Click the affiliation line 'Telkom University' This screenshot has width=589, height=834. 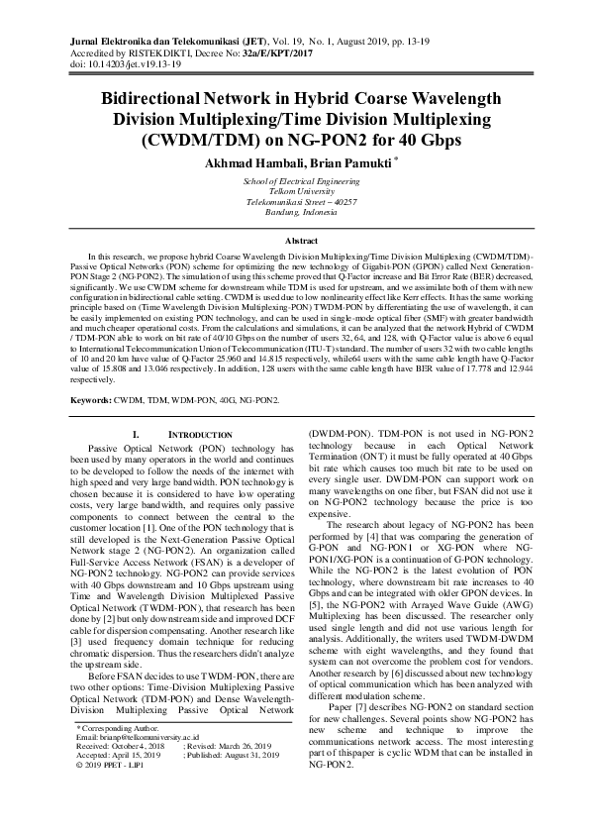tap(294, 190)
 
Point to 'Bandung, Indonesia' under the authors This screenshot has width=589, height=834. tap(294, 212)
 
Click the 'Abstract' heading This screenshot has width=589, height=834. tap(294, 241)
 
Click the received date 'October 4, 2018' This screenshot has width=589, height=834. tap(144, 776)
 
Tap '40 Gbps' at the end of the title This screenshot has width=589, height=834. tap(428, 140)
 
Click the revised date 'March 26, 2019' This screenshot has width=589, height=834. tap(245, 776)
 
